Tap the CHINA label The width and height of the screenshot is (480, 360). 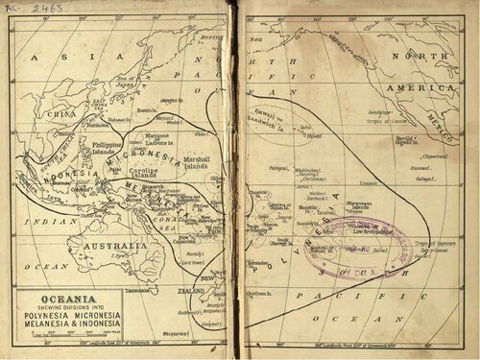62,113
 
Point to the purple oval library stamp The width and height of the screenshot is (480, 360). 360,245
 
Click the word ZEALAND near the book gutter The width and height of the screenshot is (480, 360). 191,289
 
